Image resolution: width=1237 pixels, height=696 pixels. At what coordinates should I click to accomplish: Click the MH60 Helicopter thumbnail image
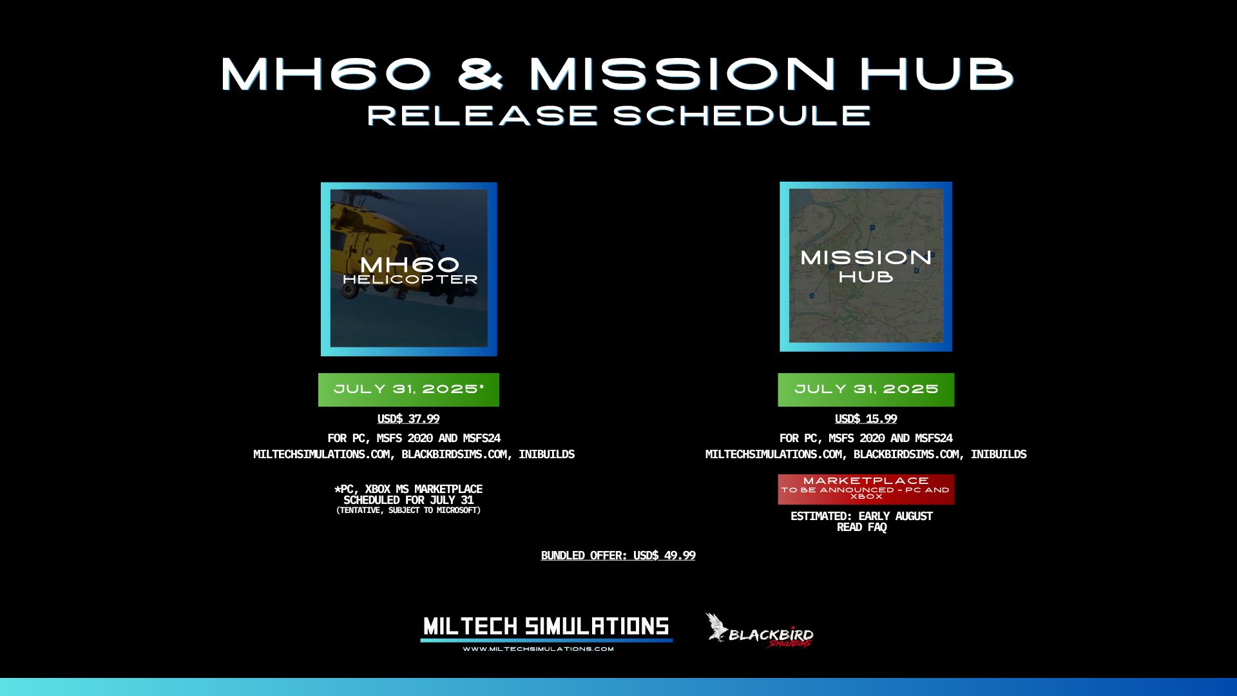tap(409, 269)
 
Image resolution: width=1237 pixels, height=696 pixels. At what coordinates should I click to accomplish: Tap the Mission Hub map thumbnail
tap(866, 267)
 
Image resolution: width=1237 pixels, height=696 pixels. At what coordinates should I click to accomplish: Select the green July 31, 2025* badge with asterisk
tap(408, 390)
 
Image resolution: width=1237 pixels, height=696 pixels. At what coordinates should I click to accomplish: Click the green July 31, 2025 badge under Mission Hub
tap(866, 390)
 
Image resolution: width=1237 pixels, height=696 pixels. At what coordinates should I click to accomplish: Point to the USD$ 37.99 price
tap(408, 419)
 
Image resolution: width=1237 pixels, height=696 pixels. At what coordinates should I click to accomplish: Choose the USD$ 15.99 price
tap(866, 419)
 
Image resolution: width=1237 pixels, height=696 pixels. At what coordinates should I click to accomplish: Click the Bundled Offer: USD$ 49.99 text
tap(618, 556)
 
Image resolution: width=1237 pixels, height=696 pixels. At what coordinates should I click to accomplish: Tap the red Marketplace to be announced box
tap(866, 489)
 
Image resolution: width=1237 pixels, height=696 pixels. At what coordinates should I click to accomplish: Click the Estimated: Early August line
tap(861, 516)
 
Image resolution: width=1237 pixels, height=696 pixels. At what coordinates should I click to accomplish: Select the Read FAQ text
tap(861, 527)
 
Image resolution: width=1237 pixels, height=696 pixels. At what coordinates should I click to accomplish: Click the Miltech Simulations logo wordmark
tap(546, 627)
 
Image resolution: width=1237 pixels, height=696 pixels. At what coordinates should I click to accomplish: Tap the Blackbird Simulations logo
tap(759, 630)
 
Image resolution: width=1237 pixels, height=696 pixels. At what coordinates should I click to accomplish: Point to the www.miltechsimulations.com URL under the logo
tap(538, 649)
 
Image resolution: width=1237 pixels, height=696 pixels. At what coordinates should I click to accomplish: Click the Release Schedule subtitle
tap(618, 116)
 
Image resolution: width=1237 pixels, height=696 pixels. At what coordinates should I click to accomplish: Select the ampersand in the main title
tap(480, 73)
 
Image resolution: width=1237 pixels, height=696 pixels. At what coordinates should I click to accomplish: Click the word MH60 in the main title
tap(325, 73)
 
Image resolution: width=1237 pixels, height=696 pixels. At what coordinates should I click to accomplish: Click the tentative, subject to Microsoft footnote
tap(408, 510)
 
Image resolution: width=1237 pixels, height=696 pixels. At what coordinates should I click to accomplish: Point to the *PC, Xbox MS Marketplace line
tap(408, 489)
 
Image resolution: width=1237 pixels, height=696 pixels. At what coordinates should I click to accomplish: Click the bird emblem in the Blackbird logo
tap(716, 627)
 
